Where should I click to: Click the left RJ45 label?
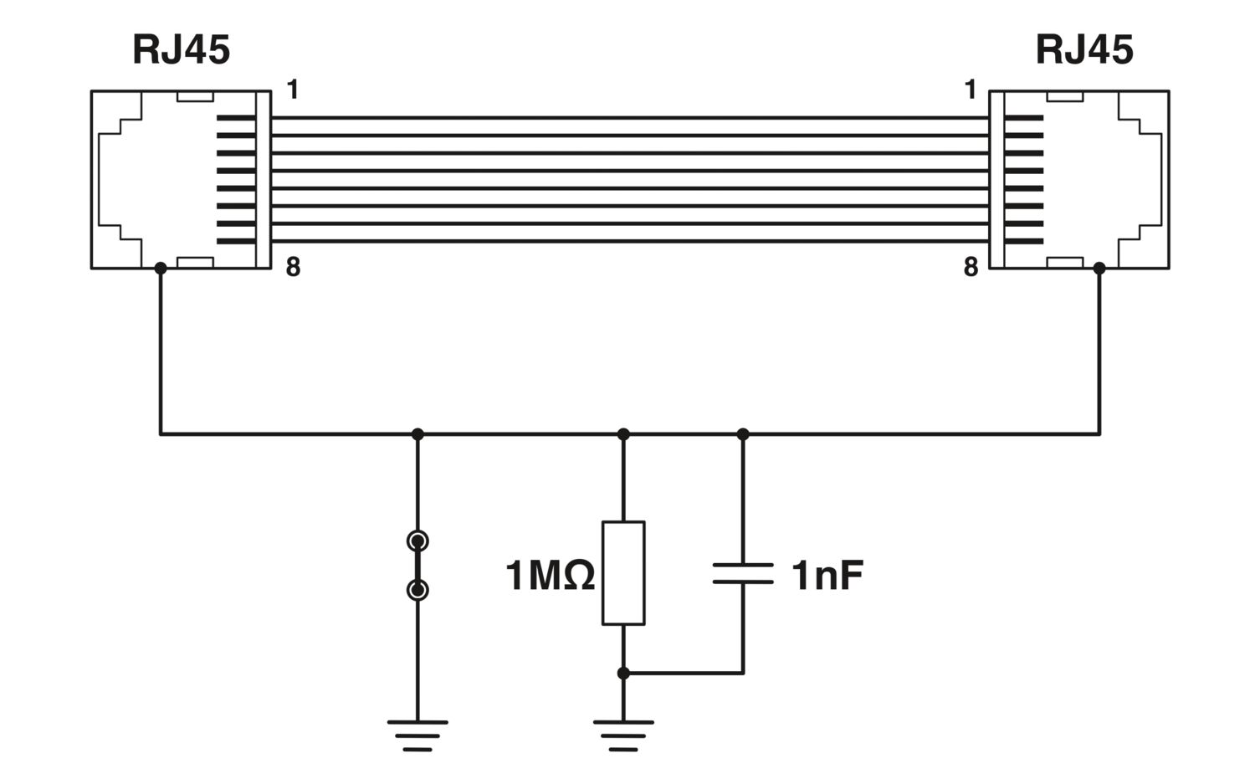pos(181,50)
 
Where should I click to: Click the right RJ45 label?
pos(1084,50)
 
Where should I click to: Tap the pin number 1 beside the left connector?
pos(293,90)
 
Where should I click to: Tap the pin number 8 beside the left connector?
pos(293,267)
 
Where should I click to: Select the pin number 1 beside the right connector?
pos(971,90)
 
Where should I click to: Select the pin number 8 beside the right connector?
pos(971,267)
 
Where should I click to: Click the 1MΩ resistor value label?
pos(550,576)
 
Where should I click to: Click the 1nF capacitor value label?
pos(827,576)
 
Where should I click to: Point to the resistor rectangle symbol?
pos(623,572)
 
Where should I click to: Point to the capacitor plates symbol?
pos(743,573)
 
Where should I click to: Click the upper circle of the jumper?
pos(417,541)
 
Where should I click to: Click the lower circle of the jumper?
pos(417,590)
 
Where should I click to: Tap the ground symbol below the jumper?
pos(417,735)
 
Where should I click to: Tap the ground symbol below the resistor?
pos(623,735)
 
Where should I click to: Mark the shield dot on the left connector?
pos(161,269)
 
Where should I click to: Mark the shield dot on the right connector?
pos(1099,269)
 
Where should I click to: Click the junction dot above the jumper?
pos(417,434)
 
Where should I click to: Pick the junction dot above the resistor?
pos(623,434)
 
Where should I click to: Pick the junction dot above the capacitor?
pos(743,434)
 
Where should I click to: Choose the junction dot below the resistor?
pos(623,673)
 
